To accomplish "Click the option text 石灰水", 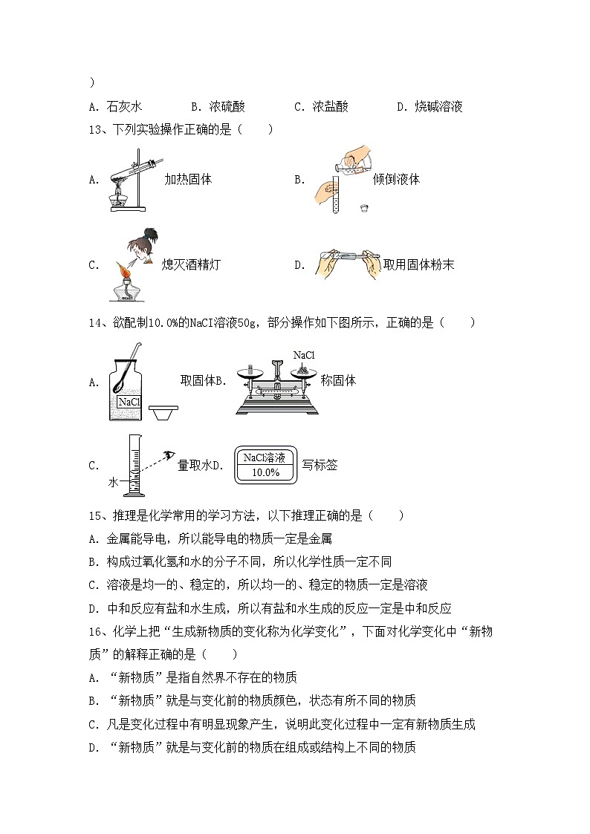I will point(125,107).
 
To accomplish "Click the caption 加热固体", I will point(189,180).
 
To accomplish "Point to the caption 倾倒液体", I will point(397,180).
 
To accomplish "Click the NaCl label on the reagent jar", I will point(129,402).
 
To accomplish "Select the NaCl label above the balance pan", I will point(304,356).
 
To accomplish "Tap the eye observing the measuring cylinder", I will point(169,455).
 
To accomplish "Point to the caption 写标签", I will point(320,466).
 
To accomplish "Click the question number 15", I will point(95,515).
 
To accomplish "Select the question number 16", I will point(95,632).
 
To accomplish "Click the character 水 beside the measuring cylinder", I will point(114,482).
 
